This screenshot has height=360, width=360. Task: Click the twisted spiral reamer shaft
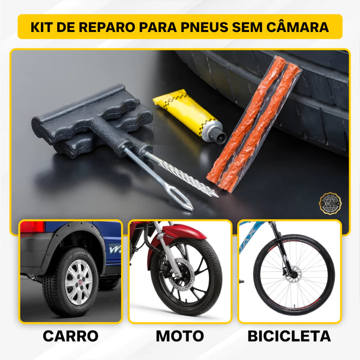(184, 176)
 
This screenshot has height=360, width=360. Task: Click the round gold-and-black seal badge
(330, 203)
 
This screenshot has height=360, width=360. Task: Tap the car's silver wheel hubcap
(79, 282)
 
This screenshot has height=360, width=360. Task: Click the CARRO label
(70, 336)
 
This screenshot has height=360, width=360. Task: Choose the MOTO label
(180, 336)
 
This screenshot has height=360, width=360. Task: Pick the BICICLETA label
(289, 336)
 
